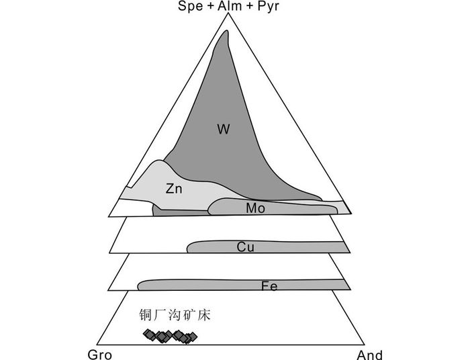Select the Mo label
click(x=255, y=208)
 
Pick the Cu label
click(x=245, y=247)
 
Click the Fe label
click(x=269, y=287)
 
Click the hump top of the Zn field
click(x=159, y=163)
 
